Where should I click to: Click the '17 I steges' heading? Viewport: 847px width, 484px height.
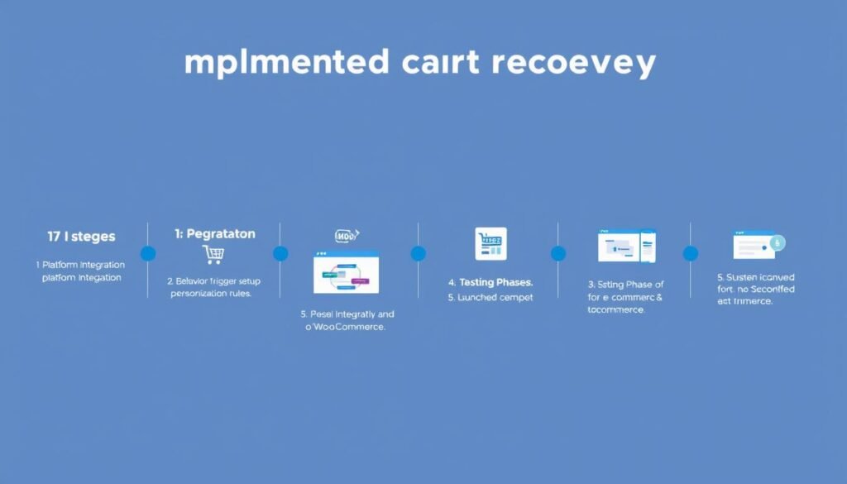click(81, 237)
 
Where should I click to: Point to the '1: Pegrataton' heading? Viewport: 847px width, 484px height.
click(214, 234)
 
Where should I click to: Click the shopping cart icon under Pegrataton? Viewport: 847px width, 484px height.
click(213, 255)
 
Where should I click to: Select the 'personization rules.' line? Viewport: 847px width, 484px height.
click(211, 293)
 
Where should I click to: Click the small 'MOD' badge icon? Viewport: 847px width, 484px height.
click(347, 237)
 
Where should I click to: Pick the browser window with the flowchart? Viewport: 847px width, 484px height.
click(346, 271)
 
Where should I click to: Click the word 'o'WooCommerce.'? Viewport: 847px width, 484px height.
click(346, 328)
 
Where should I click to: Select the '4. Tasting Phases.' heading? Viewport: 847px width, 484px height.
click(490, 282)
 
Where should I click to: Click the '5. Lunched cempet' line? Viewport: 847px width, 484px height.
click(490, 297)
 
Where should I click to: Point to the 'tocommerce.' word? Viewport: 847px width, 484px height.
click(616, 309)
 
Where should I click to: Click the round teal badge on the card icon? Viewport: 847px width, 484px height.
click(777, 242)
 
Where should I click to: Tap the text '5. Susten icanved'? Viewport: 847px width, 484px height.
click(756, 276)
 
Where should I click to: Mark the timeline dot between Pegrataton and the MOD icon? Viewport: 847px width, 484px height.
click(280, 253)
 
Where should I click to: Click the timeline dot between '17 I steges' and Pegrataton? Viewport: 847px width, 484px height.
click(148, 253)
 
